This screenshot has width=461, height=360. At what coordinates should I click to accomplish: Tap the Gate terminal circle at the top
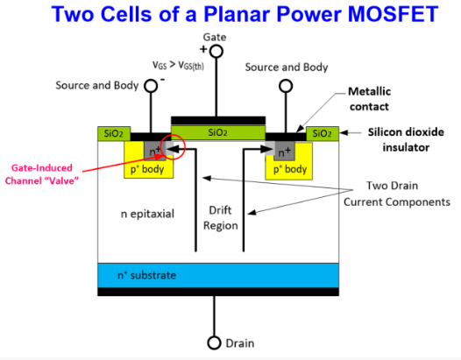click(x=216, y=52)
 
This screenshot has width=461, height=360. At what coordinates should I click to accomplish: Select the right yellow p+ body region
click(x=287, y=166)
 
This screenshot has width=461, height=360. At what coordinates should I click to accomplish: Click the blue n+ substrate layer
click(x=219, y=275)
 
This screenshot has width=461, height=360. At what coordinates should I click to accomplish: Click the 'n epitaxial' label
click(x=147, y=213)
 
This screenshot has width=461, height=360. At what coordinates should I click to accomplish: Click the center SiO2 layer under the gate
click(x=216, y=132)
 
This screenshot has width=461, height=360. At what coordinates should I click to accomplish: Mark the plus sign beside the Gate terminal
click(x=202, y=49)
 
